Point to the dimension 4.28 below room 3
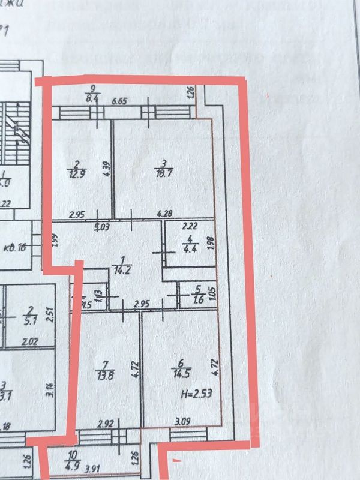[165, 213]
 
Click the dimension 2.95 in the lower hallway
[141, 304]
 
